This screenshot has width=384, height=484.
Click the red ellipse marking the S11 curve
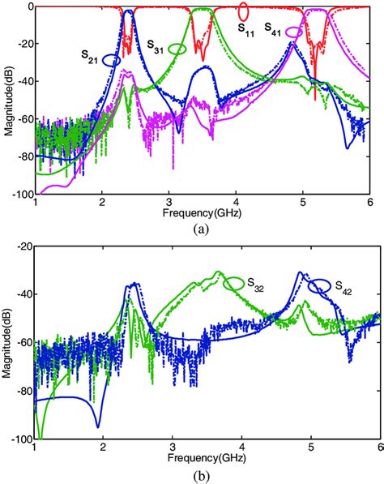point(243,11)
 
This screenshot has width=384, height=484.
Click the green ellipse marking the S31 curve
point(177,49)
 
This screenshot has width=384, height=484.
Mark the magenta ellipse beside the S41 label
point(296,32)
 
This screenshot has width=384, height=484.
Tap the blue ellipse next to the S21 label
point(112,59)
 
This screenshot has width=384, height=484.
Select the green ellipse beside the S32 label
point(235,283)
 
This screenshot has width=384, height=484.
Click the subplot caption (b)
point(203,474)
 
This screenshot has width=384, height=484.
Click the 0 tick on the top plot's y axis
point(28,6)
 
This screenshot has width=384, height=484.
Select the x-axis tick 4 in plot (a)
point(236,203)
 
